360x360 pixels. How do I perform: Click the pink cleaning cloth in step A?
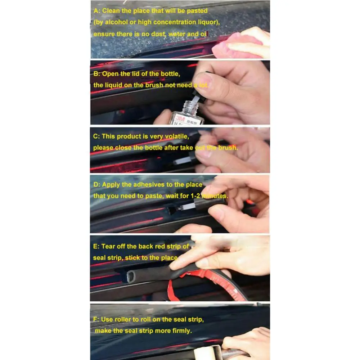pyautogui.click(x=236, y=45)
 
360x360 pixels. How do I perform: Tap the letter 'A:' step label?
pyautogui.click(x=97, y=11)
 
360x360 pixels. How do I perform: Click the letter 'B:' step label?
pyautogui.click(x=97, y=74)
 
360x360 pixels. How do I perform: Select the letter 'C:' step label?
pyautogui.click(x=97, y=136)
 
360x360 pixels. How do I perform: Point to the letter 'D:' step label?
pyautogui.click(x=97, y=185)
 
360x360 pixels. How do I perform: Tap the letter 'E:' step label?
pyautogui.click(x=96, y=247)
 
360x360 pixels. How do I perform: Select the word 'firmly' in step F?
pyautogui.click(x=181, y=331)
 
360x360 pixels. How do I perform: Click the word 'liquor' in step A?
pyautogui.click(x=207, y=22)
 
